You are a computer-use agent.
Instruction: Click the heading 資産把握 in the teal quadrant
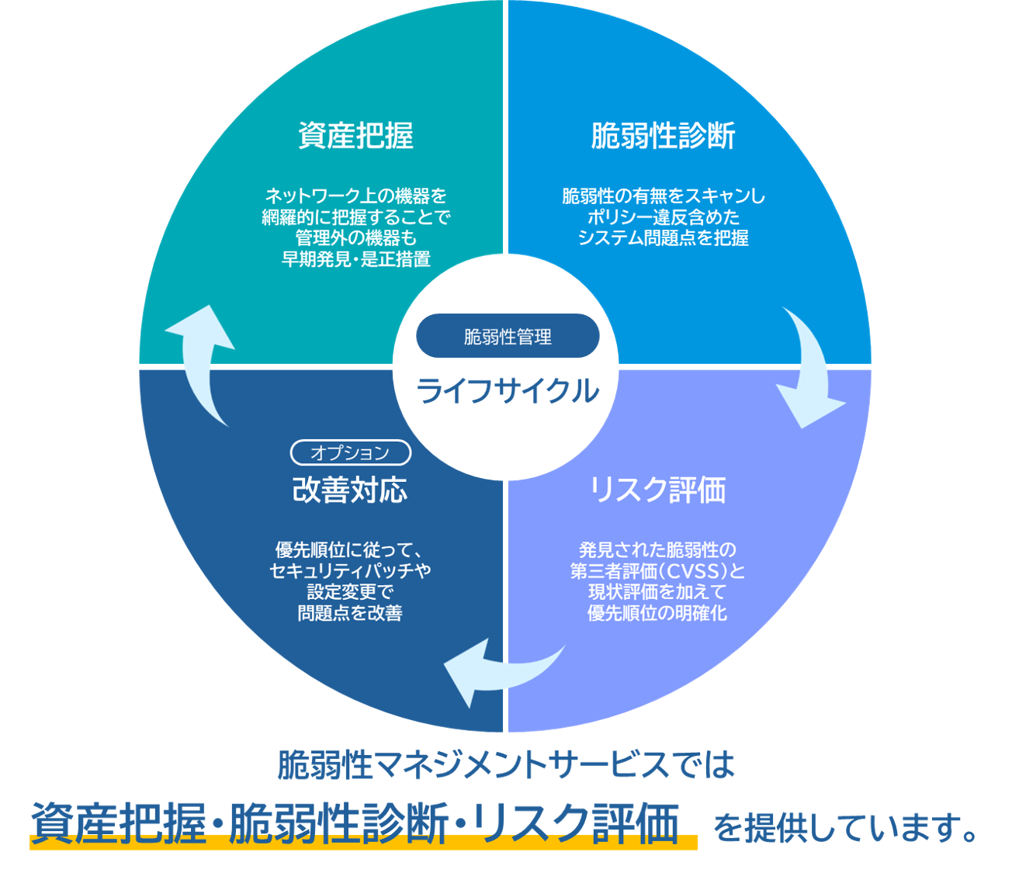pyautogui.click(x=355, y=136)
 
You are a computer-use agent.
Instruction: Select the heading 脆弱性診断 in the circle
pyautogui.click(x=663, y=136)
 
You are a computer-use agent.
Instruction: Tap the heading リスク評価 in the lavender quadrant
pyautogui.click(x=657, y=490)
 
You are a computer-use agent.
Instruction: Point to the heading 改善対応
pyautogui.click(x=349, y=490)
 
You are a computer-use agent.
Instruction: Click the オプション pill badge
pyautogui.click(x=350, y=452)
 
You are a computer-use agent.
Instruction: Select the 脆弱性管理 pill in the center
pyautogui.click(x=508, y=336)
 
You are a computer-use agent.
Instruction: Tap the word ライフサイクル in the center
pyautogui.click(x=508, y=390)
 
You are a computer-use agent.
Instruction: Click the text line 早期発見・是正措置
pyautogui.click(x=355, y=259)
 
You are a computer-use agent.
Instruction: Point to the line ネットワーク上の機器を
pyautogui.click(x=355, y=196)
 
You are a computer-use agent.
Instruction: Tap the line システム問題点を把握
pyautogui.click(x=663, y=238)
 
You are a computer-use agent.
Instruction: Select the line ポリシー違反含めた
pyautogui.click(x=663, y=217)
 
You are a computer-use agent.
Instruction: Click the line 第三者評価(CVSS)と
pyautogui.click(x=657, y=571)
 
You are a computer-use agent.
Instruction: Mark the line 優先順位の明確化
pyautogui.click(x=657, y=613)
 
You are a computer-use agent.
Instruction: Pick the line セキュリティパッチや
pyautogui.click(x=350, y=571)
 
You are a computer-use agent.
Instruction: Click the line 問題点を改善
pyautogui.click(x=350, y=613)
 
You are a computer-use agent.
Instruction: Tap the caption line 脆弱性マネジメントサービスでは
pyautogui.click(x=506, y=765)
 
